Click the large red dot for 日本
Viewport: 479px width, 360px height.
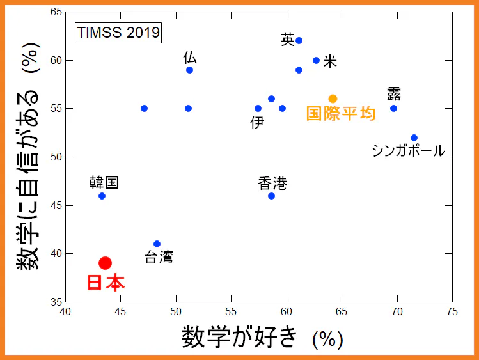[106, 263]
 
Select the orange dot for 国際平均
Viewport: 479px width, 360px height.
[333, 98]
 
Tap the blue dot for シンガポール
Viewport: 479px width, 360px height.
[414, 137]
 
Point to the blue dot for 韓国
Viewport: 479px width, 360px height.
[102, 196]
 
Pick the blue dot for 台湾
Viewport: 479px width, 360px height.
[157, 244]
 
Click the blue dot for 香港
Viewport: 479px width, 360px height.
[271, 196]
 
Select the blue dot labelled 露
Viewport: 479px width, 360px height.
[393, 108]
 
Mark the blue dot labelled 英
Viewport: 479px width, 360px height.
[299, 40]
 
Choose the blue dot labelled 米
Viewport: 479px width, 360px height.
[316, 60]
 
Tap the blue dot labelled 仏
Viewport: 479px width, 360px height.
[189, 70]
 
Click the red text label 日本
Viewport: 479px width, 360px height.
[106, 283]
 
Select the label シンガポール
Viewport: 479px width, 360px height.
[408, 151]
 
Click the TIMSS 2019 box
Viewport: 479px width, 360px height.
[118, 32]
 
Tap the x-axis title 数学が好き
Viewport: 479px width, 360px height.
[240, 336]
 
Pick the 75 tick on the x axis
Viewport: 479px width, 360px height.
[452, 312]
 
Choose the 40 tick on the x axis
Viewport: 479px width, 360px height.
[65, 312]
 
